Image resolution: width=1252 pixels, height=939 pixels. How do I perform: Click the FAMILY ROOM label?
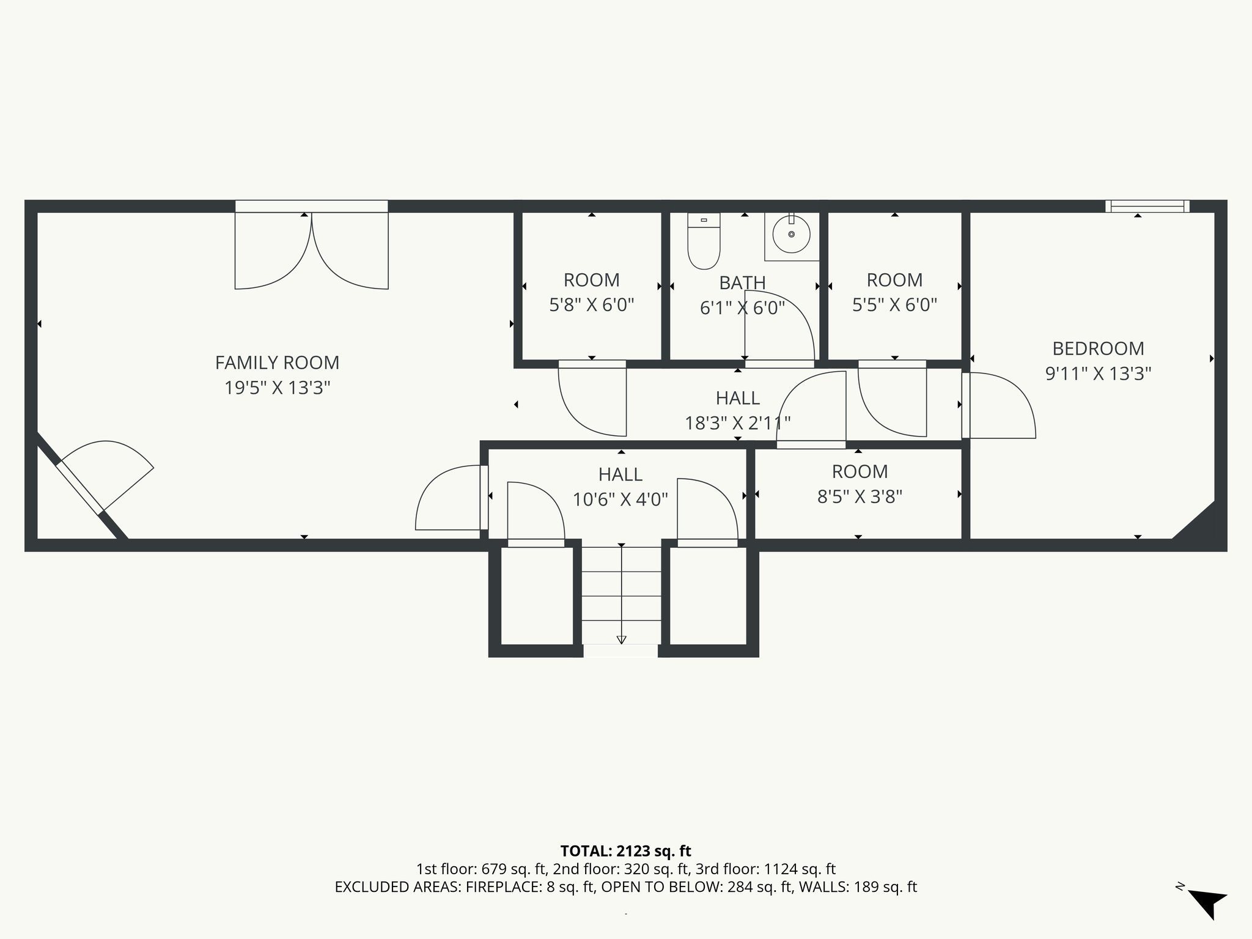click(277, 363)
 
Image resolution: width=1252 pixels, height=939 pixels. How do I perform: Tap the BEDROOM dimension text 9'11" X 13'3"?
click(1098, 374)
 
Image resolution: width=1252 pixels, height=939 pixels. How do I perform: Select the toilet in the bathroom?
click(704, 242)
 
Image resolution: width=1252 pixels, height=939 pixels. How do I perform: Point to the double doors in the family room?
click(312, 250)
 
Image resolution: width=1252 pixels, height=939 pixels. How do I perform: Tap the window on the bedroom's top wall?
click(1147, 206)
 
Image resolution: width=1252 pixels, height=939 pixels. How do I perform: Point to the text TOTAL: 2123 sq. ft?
click(625, 851)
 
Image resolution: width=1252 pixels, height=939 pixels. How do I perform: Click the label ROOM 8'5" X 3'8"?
click(860, 484)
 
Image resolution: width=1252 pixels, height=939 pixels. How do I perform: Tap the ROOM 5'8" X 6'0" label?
click(591, 292)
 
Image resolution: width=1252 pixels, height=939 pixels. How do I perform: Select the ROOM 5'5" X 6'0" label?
click(894, 292)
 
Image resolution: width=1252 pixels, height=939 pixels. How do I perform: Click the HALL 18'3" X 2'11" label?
click(737, 410)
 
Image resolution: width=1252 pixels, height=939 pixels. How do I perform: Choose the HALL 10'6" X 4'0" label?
click(620, 487)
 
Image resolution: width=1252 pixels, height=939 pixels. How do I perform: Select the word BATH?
click(742, 283)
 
